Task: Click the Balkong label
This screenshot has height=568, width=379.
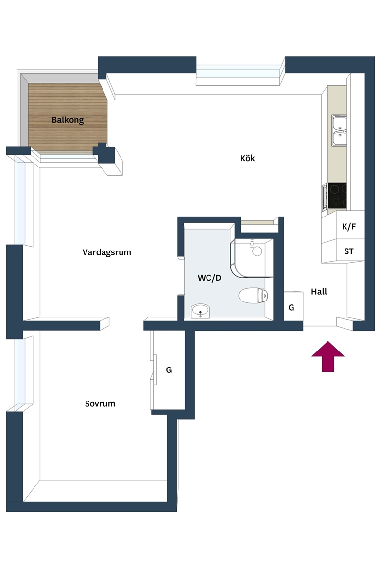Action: [68, 120]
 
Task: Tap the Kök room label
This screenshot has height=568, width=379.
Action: [247, 158]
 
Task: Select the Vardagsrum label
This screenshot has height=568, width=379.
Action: [106, 252]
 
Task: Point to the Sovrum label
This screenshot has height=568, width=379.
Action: [100, 403]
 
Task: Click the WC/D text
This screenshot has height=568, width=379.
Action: [209, 278]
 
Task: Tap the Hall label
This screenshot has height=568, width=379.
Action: [319, 292]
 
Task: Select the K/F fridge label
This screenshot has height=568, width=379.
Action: [349, 226]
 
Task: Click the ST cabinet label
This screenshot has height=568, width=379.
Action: [348, 251]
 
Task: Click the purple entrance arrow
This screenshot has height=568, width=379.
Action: [328, 356]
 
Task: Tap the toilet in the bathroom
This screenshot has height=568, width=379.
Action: [253, 295]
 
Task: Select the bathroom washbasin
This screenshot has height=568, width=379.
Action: [200, 311]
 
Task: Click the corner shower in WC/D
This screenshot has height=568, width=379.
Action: [251, 258]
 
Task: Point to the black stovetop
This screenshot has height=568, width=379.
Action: [337, 196]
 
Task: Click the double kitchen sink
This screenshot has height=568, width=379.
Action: [339, 131]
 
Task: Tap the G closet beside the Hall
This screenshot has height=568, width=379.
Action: [293, 306]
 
